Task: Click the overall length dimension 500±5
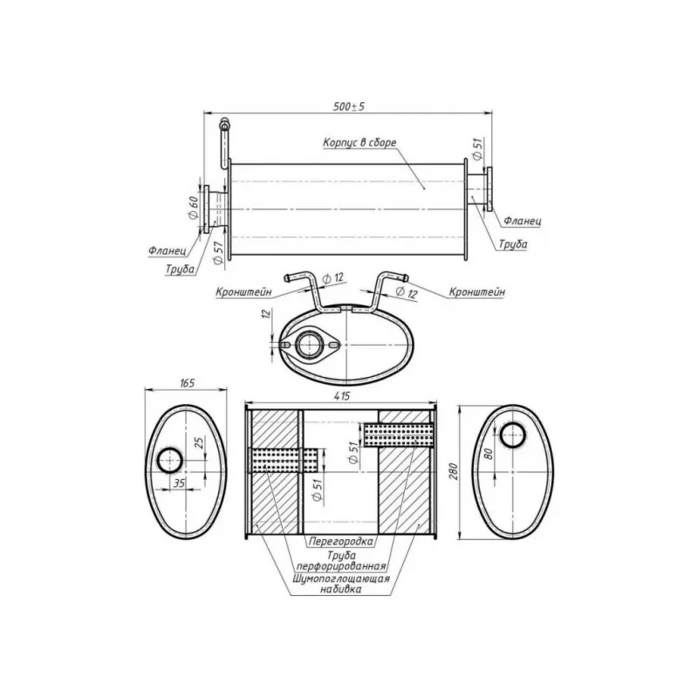tap(348, 106)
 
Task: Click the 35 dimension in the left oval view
tap(180, 481)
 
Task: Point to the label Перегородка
tap(341, 541)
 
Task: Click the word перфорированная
tap(341, 565)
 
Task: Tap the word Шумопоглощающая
tap(341, 578)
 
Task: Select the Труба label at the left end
tap(180, 270)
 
